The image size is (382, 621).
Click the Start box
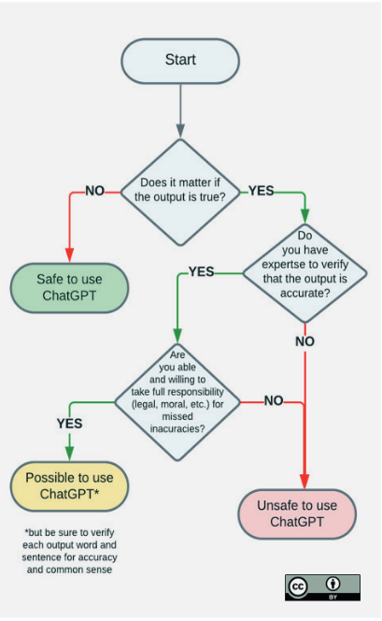coord(180,61)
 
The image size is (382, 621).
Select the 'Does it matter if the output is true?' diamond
coord(180,193)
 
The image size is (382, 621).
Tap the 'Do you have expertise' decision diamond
coord(304,273)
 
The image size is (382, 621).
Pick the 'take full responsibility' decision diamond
coord(177,402)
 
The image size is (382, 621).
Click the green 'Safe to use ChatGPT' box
coord(69,287)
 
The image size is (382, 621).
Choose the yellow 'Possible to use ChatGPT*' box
coord(69,486)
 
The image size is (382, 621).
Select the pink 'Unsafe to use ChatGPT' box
coord(297,514)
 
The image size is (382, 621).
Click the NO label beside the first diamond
coord(95,191)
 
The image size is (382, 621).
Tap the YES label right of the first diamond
coord(261,191)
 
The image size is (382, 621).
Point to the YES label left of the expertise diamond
coord(202,271)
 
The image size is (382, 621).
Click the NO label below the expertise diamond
coord(304,341)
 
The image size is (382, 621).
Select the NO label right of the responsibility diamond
coord(274,401)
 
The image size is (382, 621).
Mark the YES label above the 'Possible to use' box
coord(70,424)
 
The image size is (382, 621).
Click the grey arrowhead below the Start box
coord(180,131)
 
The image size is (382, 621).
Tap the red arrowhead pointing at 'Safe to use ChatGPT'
coord(70,255)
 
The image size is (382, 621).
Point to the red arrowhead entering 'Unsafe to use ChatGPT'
coord(304,481)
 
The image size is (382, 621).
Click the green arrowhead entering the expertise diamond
coord(304,216)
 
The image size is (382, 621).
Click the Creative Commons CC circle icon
coord(298,586)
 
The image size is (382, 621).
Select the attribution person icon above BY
coord(332,583)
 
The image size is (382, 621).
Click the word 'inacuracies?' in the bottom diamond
coord(177,429)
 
